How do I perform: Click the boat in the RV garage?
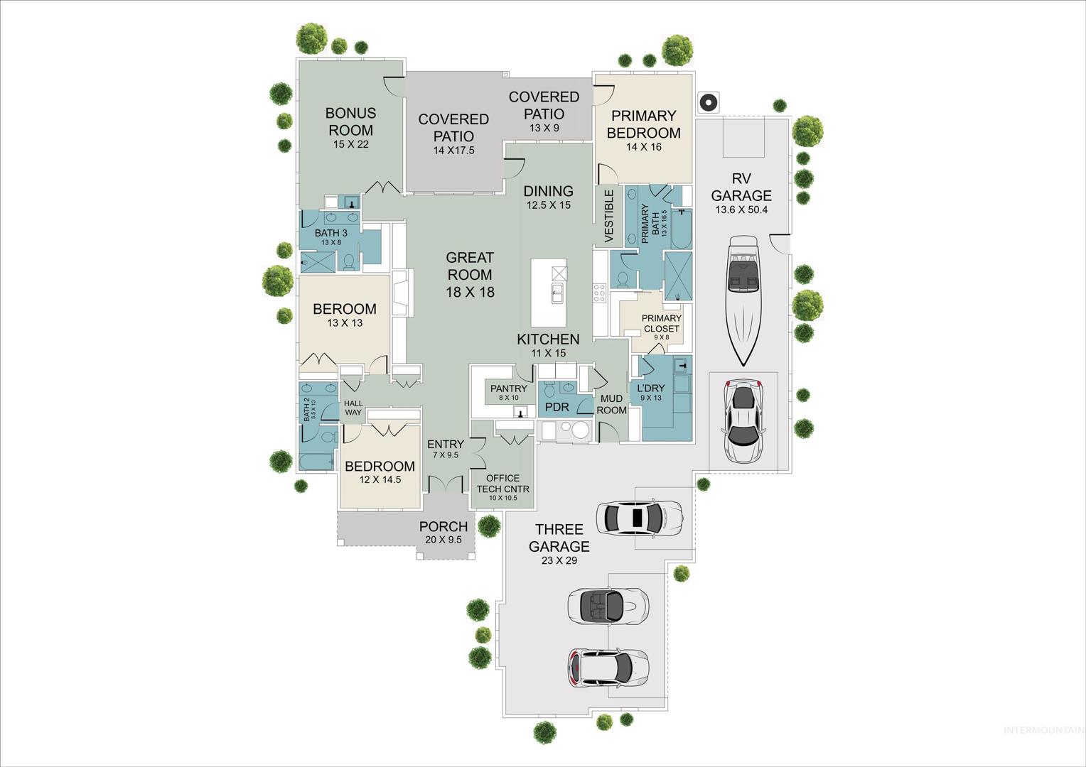(743, 300)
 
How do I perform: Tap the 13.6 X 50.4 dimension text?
(741, 210)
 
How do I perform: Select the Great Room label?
(470, 275)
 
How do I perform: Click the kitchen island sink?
(557, 293)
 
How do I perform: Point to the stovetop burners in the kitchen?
(599, 293)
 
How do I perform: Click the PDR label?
(557, 408)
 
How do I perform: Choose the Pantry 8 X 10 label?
(509, 393)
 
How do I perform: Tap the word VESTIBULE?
(609, 216)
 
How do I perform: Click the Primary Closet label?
(661, 327)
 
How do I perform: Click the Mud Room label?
(611, 404)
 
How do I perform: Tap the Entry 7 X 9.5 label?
(446, 449)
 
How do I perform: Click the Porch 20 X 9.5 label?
(443, 532)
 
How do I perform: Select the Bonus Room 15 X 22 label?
(350, 128)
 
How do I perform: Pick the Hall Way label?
(353, 408)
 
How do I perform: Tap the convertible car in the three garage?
(608, 606)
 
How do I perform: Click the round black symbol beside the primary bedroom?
(709, 103)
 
